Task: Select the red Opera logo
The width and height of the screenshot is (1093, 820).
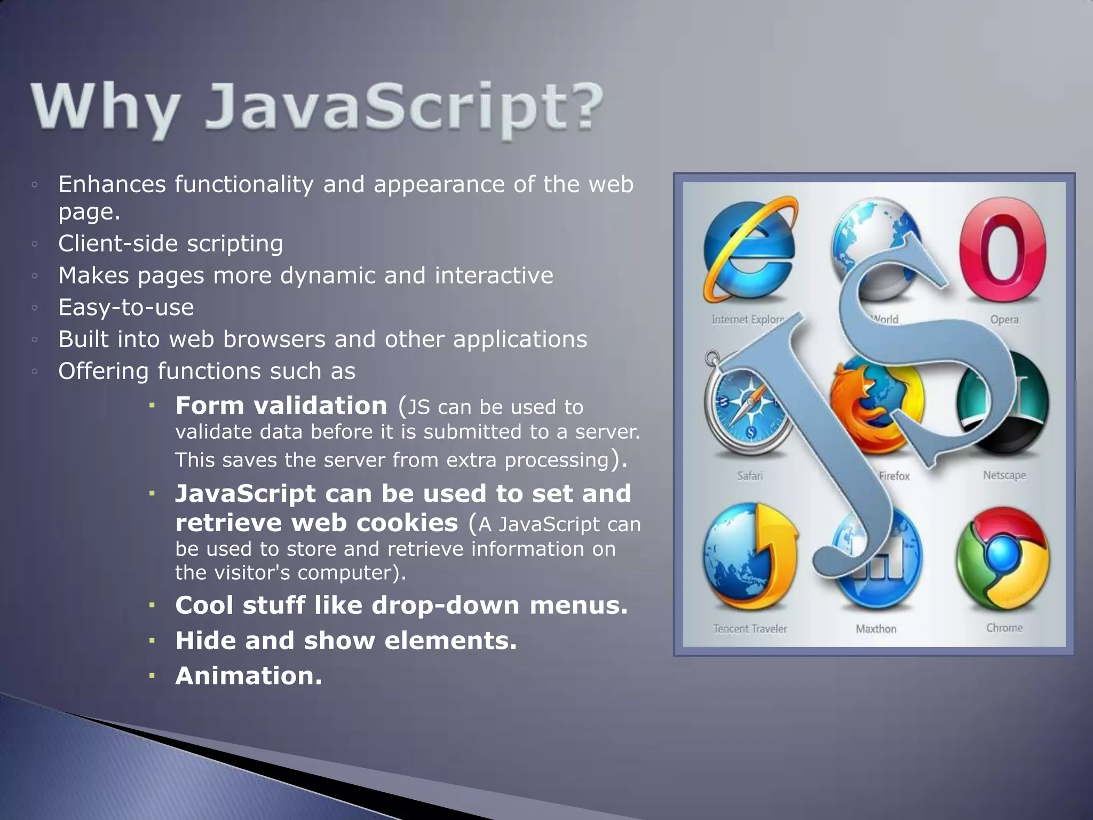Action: (x=1003, y=250)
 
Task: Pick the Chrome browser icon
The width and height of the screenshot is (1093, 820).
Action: (x=1003, y=558)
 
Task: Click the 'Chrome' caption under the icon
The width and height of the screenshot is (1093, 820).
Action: (x=1004, y=628)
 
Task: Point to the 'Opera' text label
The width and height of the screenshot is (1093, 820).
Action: (x=1004, y=319)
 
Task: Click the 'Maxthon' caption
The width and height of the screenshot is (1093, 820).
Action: (x=876, y=629)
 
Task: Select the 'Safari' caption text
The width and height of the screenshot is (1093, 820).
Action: (x=749, y=475)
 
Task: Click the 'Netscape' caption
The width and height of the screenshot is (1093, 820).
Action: (x=1004, y=475)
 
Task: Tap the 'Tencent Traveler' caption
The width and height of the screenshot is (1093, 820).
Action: (x=750, y=629)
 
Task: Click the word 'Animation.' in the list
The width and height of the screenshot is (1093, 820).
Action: (x=249, y=676)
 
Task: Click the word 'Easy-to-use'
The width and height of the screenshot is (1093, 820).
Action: (x=126, y=307)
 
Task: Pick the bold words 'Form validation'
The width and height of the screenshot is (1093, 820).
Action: (x=281, y=406)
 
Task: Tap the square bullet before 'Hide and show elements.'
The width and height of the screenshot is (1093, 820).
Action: (x=152, y=640)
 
